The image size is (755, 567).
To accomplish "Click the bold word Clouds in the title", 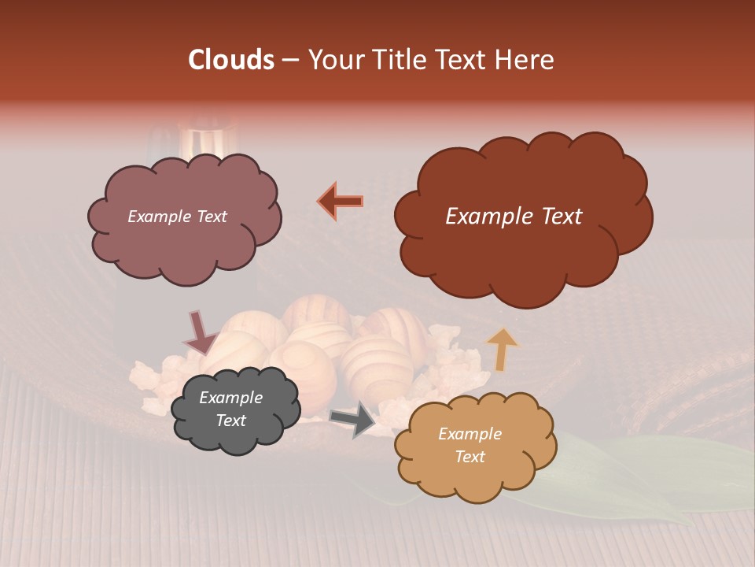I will click(x=230, y=60).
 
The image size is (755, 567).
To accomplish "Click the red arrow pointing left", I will click(x=340, y=201).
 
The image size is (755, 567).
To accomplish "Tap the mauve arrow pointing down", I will click(x=201, y=332).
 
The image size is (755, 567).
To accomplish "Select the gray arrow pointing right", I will click(x=352, y=418).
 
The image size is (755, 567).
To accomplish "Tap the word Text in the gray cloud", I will click(x=230, y=421).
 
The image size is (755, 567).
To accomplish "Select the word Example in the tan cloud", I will click(x=470, y=434).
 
